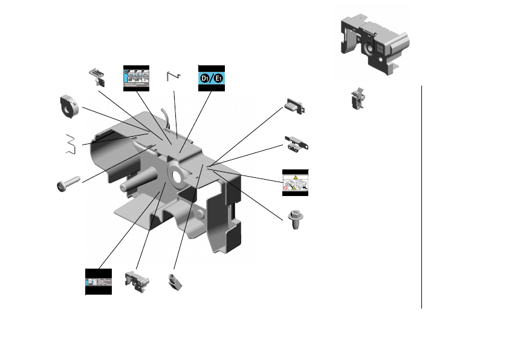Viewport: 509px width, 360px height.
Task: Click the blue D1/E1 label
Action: pyautogui.click(x=212, y=78)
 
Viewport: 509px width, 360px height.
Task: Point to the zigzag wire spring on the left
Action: pyautogui.click(x=72, y=144)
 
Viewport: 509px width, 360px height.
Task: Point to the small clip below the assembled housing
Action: pyautogui.click(x=358, y=98)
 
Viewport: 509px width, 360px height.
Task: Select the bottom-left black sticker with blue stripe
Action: pyautogui.click(x=99, y=281)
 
